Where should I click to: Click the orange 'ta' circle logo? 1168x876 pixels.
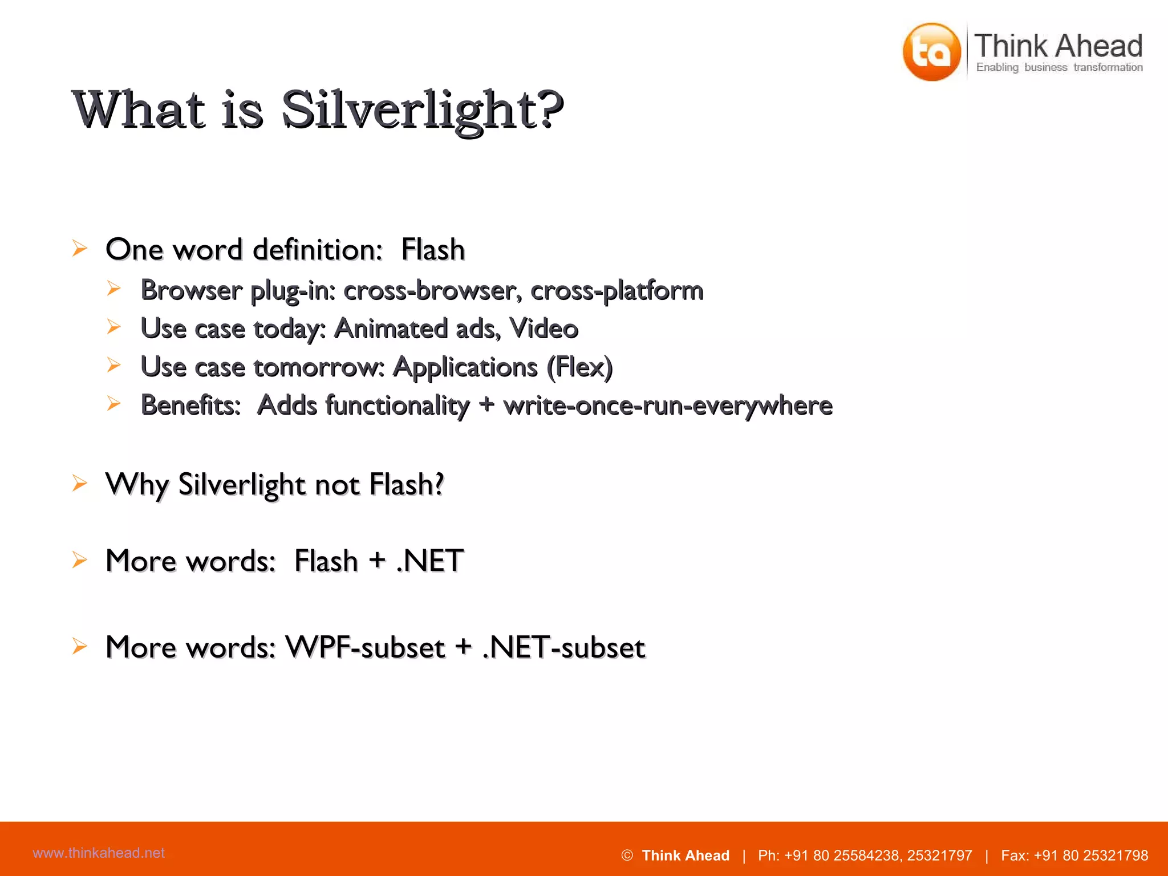click(931, 52)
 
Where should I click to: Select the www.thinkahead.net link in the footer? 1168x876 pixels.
click(99, 853)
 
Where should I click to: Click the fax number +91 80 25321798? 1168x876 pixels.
click(1090, 855)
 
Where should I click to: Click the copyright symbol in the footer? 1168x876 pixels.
click(627, 855)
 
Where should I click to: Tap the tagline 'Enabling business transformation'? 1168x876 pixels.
click(1059, 67)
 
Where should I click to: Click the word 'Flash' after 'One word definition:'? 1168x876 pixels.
click(433, 249)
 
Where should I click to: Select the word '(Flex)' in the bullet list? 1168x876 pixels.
click(579, 367)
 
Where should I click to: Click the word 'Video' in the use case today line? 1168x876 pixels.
click(544, 328)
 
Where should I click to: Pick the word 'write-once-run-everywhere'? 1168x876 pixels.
click(667, 405)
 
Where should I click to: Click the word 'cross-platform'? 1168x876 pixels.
click(617, 290)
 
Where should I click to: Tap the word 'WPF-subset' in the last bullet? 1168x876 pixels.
click(365, 647)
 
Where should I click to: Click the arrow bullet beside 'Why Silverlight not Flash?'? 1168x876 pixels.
click(80, 483)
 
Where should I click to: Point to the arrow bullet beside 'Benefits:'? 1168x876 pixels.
click(114, 404)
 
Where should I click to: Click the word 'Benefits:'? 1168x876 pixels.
click(190, 405)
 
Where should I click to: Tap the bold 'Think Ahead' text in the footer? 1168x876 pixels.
click(686, 855)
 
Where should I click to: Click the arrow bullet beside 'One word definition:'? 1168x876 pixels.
click(80, 248)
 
